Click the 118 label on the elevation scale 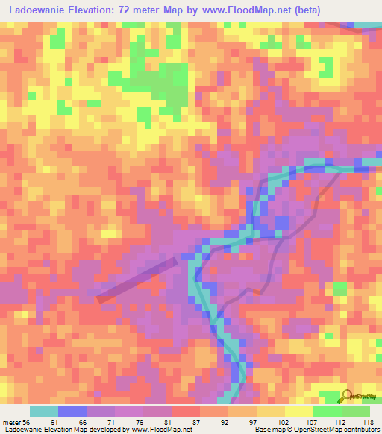pos(367,423)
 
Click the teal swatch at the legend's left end pos(43,411)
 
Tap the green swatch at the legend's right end pos(355,411)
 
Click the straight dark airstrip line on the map pos(138,278)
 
